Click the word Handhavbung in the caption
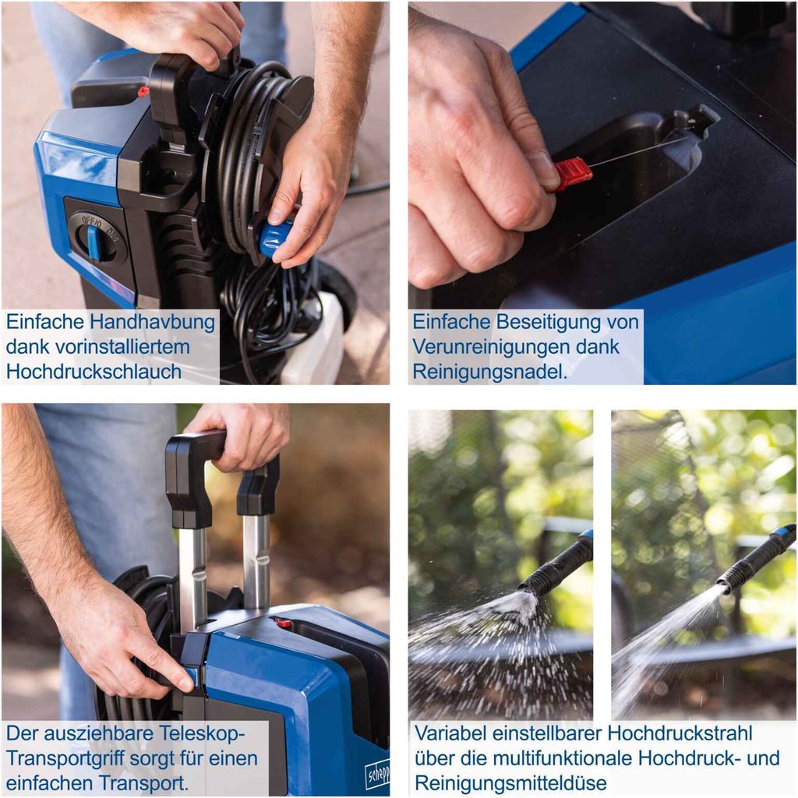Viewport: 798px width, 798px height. (152, 322)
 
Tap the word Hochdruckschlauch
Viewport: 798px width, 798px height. (94, 372)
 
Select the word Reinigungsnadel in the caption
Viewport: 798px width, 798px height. (489, 372)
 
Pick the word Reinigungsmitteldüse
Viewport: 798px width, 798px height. (511, 782)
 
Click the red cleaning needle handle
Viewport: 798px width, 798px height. (573, 174)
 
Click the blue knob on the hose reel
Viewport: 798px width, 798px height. (275, 238)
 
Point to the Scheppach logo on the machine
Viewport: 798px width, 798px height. (378, 772)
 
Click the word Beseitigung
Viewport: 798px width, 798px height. (548, 322)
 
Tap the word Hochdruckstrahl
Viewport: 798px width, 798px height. (680, 733)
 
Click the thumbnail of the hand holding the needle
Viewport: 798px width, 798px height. (602, 193)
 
